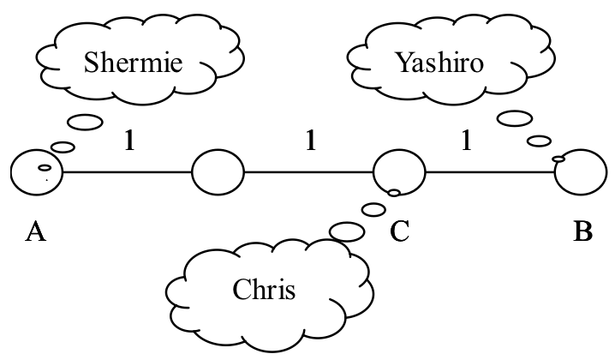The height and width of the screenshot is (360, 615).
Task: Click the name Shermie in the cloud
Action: (x=133, y=63)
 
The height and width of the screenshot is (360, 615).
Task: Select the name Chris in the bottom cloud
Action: (x=264, y=290)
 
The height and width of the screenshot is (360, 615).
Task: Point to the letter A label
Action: (x=36, y=232)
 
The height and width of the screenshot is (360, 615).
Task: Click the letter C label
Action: (x=400, y=232)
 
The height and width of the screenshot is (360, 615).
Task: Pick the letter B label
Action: (x=582, y=232)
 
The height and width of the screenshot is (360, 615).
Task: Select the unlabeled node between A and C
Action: (x=218, y=172)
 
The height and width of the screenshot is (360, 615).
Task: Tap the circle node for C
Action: (x=399, y=172)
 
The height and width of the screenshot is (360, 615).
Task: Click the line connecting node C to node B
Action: (x=489, y=173)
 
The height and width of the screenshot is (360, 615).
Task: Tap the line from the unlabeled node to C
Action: (x=308, y=173)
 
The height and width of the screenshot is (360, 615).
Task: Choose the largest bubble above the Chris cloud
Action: (x=347, y=231)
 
